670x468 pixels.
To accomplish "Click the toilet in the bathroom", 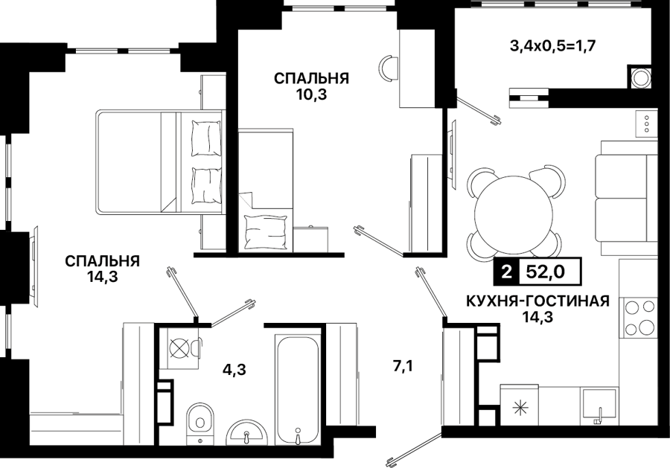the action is [x=200, y=421].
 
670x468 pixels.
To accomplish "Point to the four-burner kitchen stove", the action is [x=639, y=317].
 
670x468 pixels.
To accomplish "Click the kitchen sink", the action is [x=599, y=406].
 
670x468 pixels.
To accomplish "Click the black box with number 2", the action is [x=506, y=272].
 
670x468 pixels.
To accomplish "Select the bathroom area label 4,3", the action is [x=234, y=369].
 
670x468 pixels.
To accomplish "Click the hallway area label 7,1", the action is [x=402, y=366].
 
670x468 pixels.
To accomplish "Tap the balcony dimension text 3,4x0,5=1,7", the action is [x=552, y=45].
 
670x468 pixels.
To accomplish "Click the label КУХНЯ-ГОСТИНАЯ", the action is [x=537, y=301].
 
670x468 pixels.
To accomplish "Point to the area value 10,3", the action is [x=311, y=94].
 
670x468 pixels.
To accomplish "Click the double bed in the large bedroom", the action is [x=161, y=161].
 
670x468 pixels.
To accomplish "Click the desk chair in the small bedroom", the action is [x=389, y=68].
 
